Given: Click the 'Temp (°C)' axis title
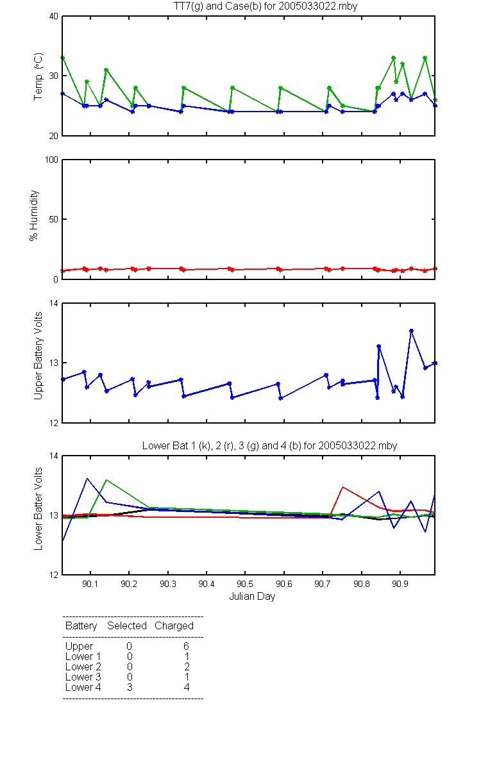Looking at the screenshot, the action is (38, 76).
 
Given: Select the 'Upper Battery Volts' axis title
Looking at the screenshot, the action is (38, 356).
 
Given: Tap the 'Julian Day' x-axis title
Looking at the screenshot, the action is (252, 597).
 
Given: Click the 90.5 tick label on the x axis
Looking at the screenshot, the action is (245, 584).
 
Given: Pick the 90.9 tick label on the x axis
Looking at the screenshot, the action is (400, 584).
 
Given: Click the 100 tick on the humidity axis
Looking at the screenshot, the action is (51, 160).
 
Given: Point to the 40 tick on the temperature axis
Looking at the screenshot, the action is (54, 16).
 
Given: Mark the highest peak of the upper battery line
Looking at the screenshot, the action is (411, 331).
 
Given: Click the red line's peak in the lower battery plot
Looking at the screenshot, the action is (342, 487).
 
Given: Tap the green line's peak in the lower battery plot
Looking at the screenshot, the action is (106, 479).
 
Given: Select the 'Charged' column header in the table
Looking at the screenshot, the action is (174, 626).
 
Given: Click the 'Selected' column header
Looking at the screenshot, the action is (127, 626).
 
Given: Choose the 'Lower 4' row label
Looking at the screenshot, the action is (83, 687).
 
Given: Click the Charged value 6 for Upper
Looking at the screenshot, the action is (186, 646).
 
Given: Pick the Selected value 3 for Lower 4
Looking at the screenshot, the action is (130, 687).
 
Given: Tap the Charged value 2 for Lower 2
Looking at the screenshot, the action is (187, 666).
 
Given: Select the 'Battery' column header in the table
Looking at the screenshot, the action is (81, 626).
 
